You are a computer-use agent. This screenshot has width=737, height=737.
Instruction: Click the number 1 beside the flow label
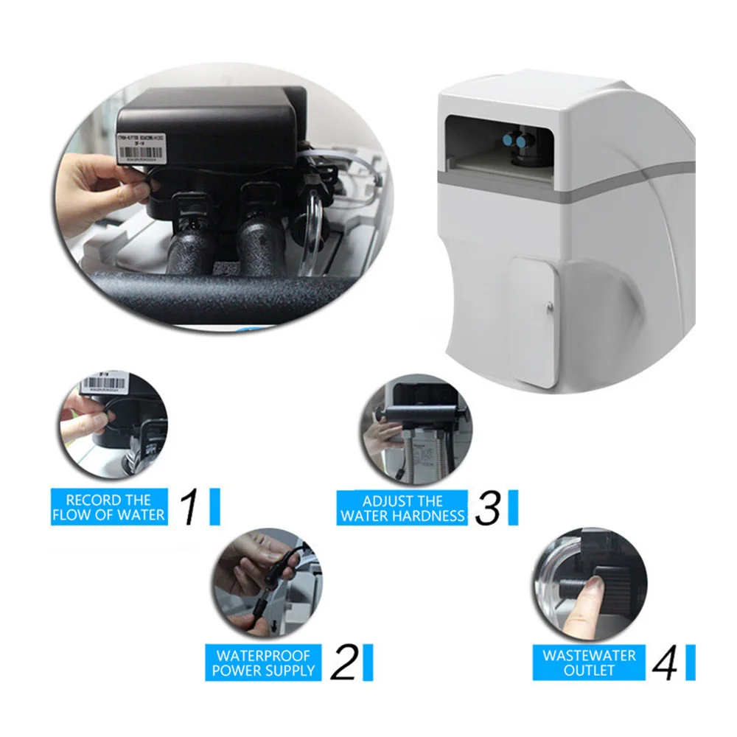click(x=189, y=506)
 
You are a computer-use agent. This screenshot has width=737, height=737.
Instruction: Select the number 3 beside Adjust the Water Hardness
click(x=487, y=507)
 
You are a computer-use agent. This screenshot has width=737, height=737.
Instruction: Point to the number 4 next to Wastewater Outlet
click(x=665, y=662)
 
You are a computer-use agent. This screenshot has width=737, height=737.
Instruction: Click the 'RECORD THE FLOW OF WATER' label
click(x=109, y=507)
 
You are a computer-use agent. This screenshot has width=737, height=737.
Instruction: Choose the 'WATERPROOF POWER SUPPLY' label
click(x=263, y=662)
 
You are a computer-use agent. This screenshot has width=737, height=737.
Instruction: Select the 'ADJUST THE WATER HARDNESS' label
click(x=402, y=507)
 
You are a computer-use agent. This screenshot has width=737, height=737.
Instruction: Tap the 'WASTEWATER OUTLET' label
click(x=589, y=662)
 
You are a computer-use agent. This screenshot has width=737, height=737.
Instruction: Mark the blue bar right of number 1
click(x=214, y=506)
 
